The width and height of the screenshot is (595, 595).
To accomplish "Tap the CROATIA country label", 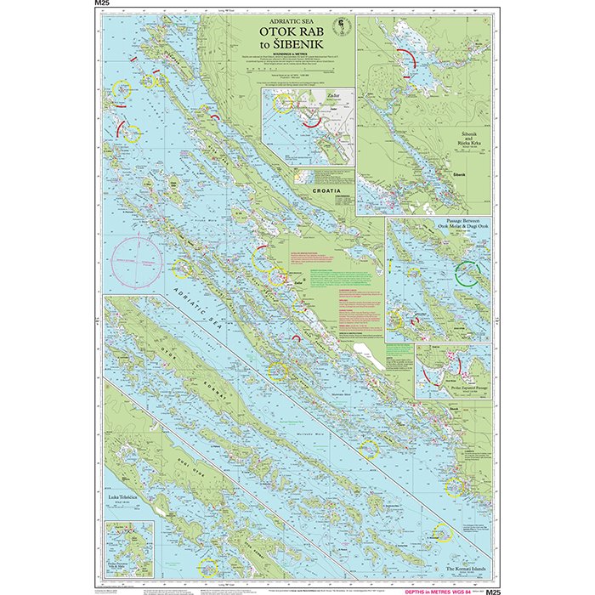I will pyautogui.click(x=326, y=192).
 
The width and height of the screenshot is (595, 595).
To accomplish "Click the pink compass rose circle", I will pyautogui.click(x=138, y=258).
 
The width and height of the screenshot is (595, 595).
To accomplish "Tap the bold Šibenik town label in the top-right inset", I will pyautogui.click(x=460, y=173).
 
